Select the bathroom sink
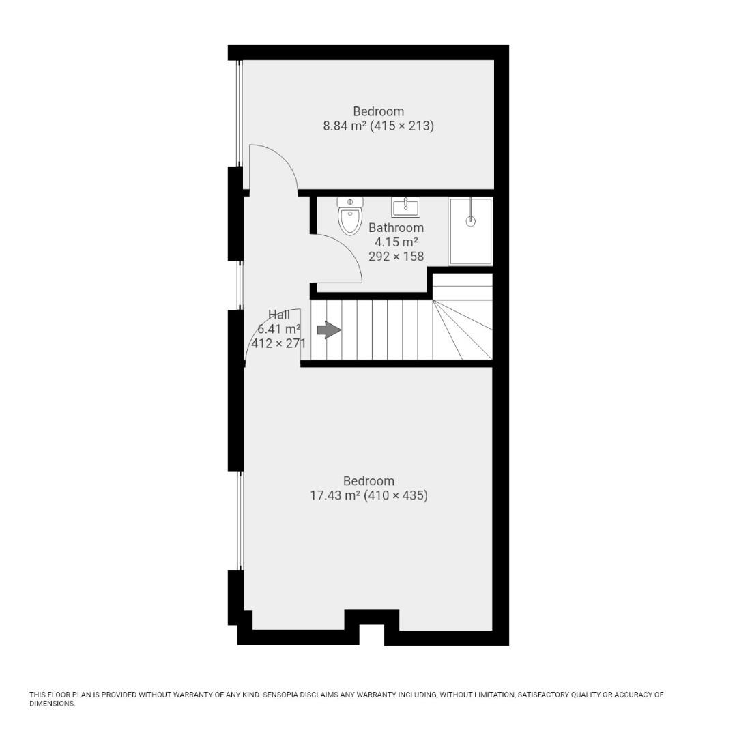point(405,206)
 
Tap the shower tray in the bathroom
point(470,231)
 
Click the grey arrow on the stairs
point(329,330)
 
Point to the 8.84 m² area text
point(345,126)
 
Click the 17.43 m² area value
point(334,496)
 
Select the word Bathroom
point(396,228)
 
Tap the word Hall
point(278,315)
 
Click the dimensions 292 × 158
point(396,257)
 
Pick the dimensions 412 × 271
point(278,344)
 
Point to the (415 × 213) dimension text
point(402,126)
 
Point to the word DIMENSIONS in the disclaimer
point(52,704)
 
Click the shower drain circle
point(470,221)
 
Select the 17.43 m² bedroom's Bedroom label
point(369,481)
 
